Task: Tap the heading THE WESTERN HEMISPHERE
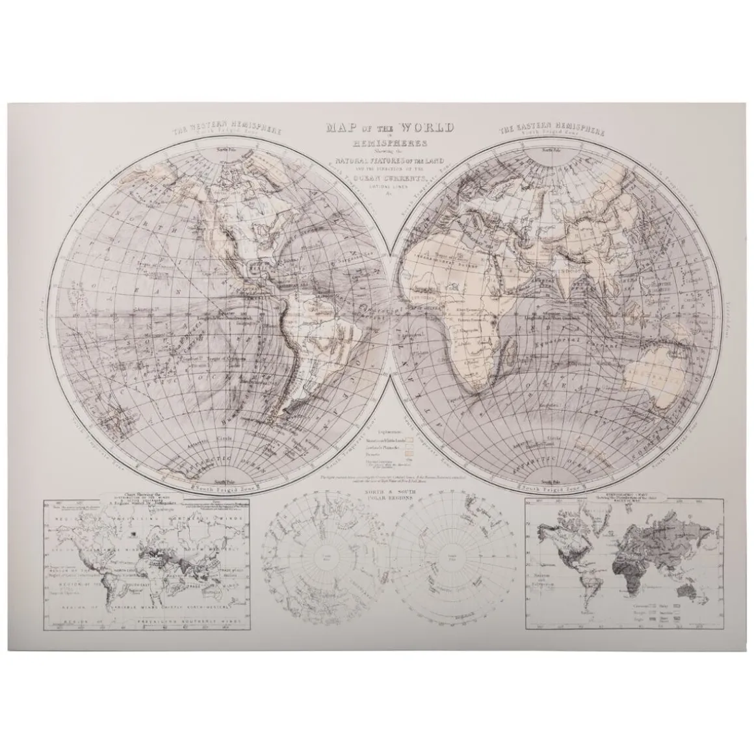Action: (226, 129)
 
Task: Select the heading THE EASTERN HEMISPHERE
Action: (552, 129)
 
